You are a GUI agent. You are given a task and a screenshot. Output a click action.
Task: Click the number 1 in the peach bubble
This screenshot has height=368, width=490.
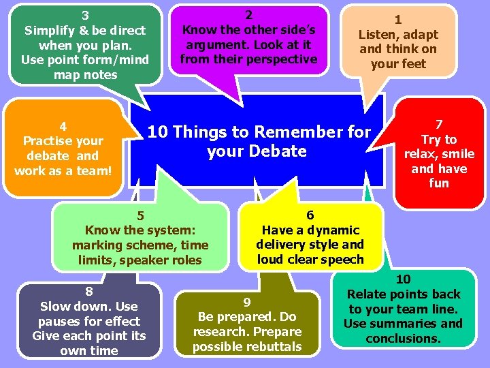pos(398,20)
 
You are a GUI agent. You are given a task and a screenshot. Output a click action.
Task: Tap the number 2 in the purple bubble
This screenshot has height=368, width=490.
pos(248,15)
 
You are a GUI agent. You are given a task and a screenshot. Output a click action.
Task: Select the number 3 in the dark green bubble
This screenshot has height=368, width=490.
pos(85,15)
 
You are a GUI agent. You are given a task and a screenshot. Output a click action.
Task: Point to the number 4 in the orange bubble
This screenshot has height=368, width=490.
pos(63,126)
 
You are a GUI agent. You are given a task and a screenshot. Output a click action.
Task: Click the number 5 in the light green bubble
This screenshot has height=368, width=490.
pos(140,216)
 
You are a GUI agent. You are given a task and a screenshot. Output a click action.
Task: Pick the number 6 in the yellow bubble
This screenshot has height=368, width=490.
pos(310,215)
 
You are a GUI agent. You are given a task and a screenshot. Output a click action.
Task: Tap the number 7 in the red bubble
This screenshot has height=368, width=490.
pos(439,124)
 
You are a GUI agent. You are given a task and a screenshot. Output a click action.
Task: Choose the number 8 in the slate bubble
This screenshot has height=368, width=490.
pos(88,292)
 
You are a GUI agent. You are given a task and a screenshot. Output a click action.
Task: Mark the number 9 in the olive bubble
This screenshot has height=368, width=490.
pos(247,302)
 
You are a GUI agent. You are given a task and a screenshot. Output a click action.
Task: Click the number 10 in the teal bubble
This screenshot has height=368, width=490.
pos(404,279)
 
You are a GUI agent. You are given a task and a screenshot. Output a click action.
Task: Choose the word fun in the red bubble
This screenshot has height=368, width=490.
pos(439,183)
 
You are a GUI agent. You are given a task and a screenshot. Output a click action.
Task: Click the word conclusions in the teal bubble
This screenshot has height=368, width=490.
pos(403,339)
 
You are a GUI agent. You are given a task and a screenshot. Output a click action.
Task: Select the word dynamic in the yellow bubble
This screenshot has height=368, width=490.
pos(332,230)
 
